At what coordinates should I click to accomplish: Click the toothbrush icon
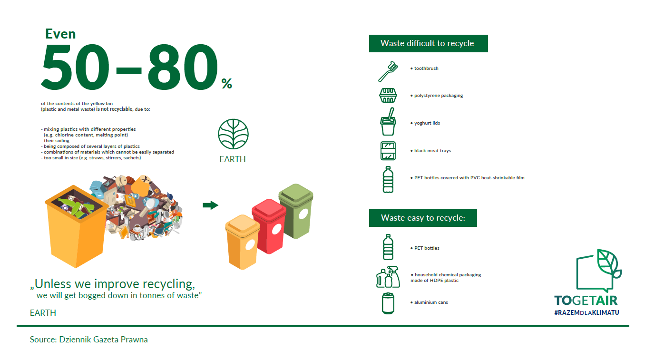(387, 72)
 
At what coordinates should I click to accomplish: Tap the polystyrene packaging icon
(388, 95)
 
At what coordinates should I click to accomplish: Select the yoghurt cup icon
(388, 122)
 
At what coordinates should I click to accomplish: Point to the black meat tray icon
(388, 150)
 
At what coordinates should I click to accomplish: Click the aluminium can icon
(388, 303)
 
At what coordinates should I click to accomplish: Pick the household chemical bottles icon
(388, 277)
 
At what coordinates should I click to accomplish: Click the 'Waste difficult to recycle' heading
(428, 43)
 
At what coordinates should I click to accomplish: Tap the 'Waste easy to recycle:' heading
(423, 218)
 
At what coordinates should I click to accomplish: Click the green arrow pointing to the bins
(211, 205)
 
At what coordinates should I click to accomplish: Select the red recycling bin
(269, 226)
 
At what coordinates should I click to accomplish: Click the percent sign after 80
(226, 83)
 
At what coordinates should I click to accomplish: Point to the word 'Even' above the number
(60, 34)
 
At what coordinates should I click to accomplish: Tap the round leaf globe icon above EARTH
(233, 134)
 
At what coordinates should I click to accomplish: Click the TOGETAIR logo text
(586, 301)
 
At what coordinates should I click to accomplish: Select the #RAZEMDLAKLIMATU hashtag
(586, 312)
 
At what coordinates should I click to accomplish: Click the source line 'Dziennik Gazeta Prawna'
(103, 340)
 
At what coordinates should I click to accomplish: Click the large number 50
(76, 68)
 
